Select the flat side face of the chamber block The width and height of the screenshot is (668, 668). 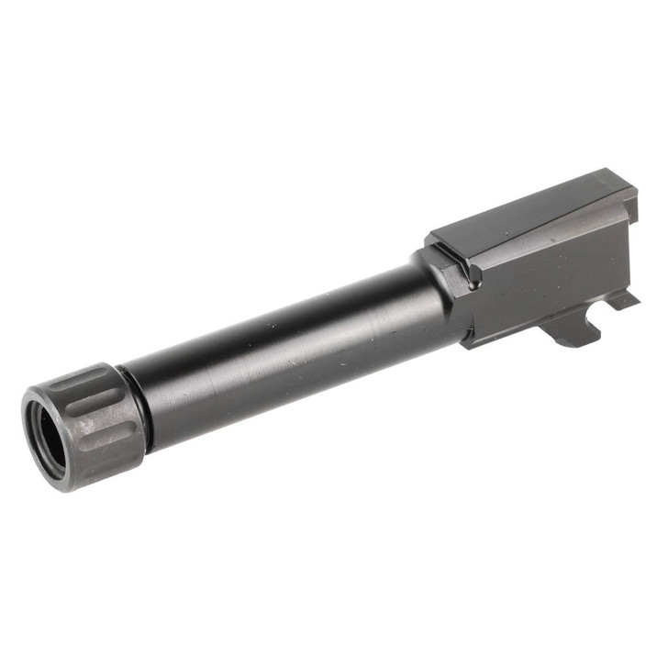point(551,275)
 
